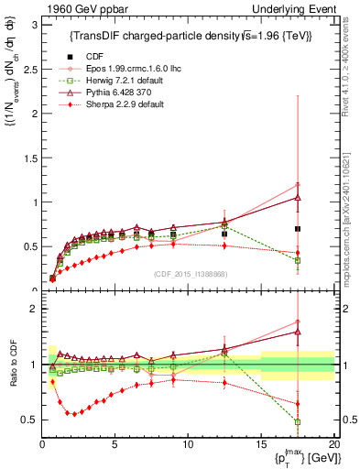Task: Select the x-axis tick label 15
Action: pos(261,443)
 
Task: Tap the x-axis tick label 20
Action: pos(333,443)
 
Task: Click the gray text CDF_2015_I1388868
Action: pos(188,275)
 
